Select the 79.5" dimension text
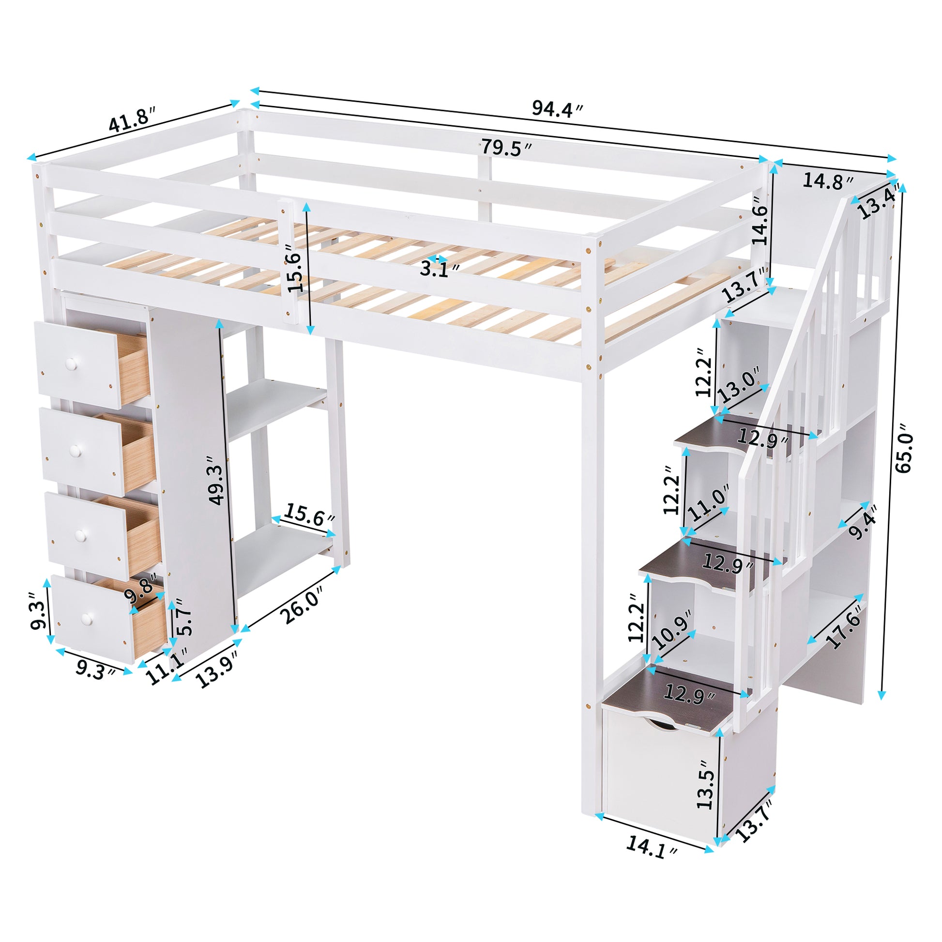click(x=506, y=147)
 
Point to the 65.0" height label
click(x=903, y=454)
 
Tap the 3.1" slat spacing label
click(x=441, y=269)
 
